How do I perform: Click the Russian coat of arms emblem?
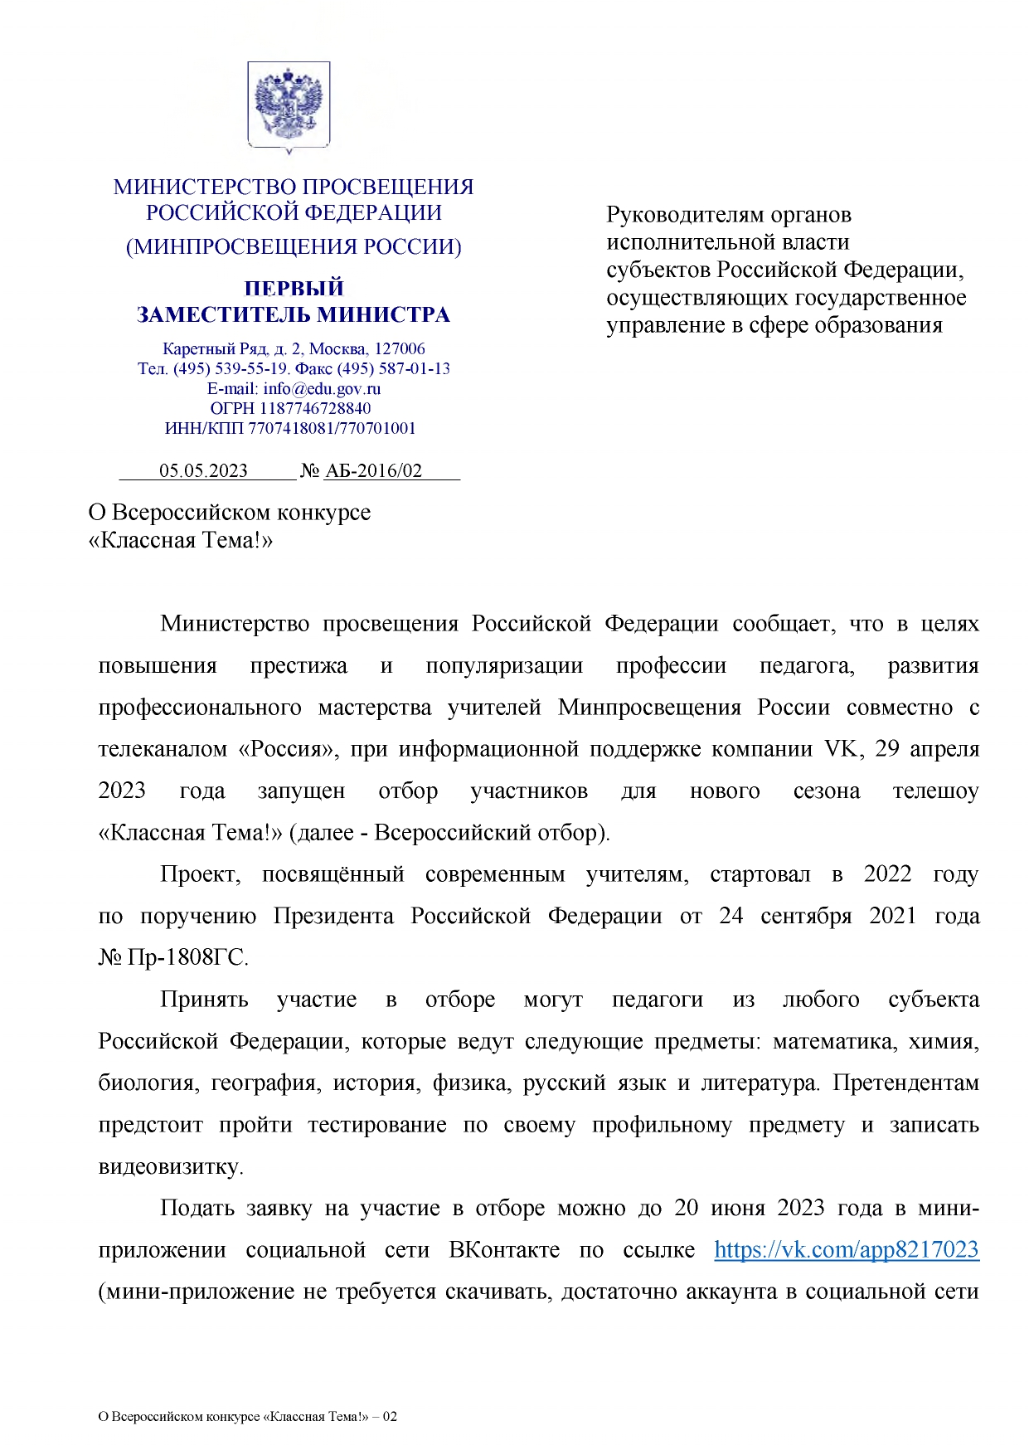289,105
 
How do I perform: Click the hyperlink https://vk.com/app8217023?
846,1249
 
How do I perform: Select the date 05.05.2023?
203,471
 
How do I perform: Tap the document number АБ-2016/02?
373,471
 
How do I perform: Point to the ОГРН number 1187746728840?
315,408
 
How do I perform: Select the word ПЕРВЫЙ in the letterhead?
294,288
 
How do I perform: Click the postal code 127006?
400,348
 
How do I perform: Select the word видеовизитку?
170,1166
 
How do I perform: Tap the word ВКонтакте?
504,1249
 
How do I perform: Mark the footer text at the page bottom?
247,1416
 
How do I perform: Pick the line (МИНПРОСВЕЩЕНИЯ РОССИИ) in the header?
294,246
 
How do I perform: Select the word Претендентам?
905,1083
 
